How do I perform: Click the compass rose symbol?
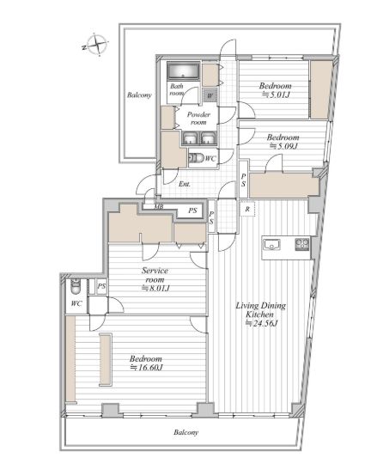97,45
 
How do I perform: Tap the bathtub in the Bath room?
184,71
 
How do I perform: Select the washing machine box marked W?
210,96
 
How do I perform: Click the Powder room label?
198,118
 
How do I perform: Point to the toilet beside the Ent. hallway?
197,157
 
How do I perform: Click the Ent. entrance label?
185,184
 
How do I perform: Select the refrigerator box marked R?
247,209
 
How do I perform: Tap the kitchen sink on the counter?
271,244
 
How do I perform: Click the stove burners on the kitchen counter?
302,244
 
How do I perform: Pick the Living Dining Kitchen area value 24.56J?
262,323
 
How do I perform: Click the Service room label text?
155,275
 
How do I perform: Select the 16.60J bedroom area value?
147,368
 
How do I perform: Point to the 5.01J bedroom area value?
276,95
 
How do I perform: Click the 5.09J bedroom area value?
283,146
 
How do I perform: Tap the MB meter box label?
159,206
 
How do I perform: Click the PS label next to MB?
192,211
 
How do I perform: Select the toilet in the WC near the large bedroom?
75,287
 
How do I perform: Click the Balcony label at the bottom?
186,432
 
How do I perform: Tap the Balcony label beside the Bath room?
139,95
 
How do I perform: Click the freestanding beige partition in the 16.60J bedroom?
105,359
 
